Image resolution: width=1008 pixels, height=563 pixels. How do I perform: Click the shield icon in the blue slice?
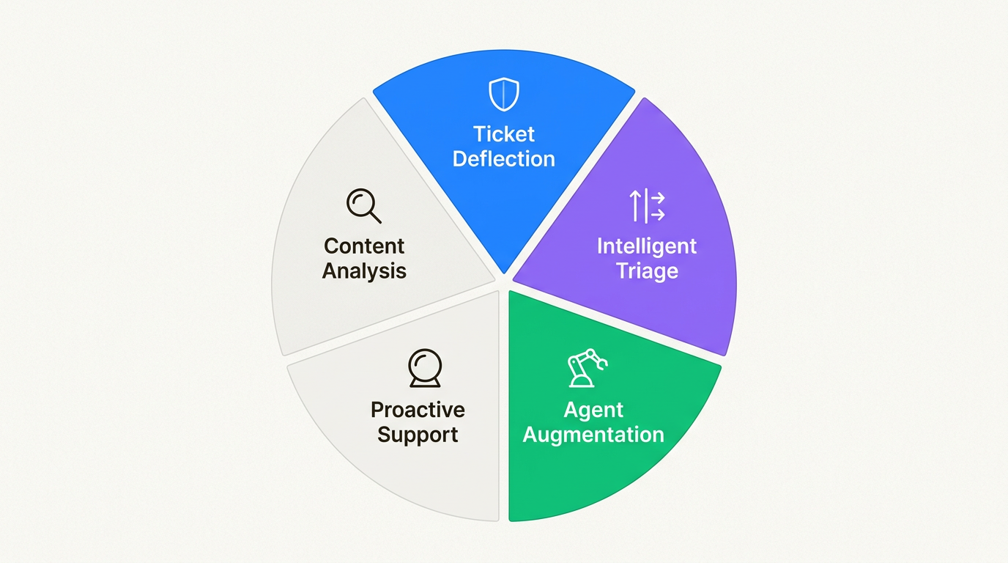coord(504,95)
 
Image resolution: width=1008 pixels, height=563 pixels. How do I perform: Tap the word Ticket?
coord(504,134)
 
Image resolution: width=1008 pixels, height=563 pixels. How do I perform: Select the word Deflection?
coord(504,159)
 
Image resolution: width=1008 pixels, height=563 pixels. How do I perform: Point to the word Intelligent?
coord(647,246)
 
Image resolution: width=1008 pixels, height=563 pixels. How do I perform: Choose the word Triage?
coord(647,271)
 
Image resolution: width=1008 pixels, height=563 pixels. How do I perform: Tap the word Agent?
coord(593,409)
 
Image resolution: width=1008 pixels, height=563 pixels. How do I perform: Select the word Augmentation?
coord(593,435)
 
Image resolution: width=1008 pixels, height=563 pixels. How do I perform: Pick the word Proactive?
coord(418,409)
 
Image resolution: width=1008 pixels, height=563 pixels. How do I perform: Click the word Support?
coord(418,435)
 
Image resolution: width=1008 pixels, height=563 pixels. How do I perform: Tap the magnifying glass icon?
coord(363,205)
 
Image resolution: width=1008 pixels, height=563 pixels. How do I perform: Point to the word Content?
coord(364,246)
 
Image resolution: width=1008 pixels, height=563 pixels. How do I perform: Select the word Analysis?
coord(364,271)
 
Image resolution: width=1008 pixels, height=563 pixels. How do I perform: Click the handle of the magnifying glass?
coord(375,216)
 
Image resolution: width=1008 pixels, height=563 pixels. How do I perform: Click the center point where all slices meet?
coord(504,282)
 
